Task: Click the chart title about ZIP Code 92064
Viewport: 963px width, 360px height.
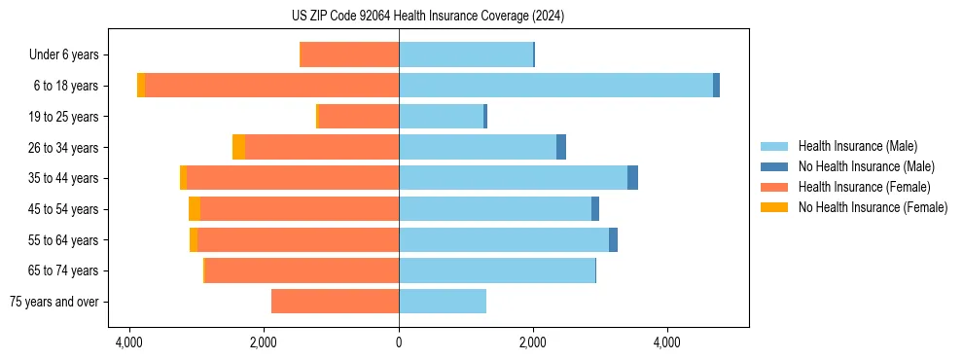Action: (427, 17)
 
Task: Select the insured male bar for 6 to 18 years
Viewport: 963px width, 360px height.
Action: (555, 86)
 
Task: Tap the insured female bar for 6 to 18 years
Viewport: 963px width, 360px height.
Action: (271, 86)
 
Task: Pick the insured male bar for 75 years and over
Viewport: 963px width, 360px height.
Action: (443, 302)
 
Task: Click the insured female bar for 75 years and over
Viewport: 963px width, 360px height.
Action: (335, 302)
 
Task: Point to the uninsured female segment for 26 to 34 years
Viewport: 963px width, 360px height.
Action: (238, 147)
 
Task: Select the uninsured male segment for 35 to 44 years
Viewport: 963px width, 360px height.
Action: (632, 178)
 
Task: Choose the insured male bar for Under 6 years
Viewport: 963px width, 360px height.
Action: (466, 54)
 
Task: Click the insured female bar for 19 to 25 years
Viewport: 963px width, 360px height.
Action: (358, 117)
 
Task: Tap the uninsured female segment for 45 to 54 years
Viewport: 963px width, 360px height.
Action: (195, 209)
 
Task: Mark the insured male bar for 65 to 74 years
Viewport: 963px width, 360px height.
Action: (497, 270)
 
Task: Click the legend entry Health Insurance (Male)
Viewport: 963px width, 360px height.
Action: (857, 147)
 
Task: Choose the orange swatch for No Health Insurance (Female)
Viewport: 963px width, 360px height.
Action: (774, 207)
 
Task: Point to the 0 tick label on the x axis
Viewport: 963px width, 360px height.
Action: (399, 342)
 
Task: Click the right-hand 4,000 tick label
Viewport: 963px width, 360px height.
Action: (667, 342)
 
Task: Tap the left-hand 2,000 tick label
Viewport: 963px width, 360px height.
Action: (265, 342)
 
